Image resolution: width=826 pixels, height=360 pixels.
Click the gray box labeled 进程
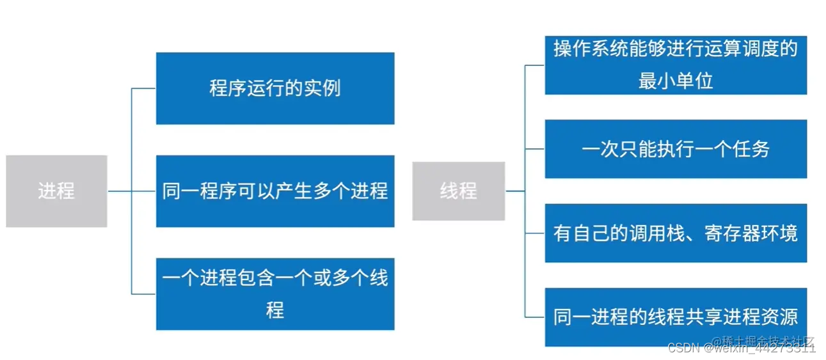click(x=56, y=191)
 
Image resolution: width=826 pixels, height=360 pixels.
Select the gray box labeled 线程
click(x=458, y=191)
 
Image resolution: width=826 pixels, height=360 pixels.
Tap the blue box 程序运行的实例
click(x=275, y=88)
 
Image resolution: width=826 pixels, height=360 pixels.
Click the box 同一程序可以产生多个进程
click(x=275, y=191)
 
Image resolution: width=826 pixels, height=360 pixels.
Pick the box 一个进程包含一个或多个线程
click(x=275, y=294)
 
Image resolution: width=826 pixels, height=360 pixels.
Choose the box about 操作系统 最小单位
click(x=676, y=66)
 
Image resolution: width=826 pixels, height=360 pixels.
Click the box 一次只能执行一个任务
click(x=676, y=149)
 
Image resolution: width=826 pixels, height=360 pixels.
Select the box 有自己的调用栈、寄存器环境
click(x=676, y=233)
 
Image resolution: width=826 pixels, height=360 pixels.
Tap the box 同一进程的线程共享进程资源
click(x=676, y=317)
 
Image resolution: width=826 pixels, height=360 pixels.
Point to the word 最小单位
click(x=676, y=81)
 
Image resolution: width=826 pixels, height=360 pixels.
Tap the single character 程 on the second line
click(x=275, y=311)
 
